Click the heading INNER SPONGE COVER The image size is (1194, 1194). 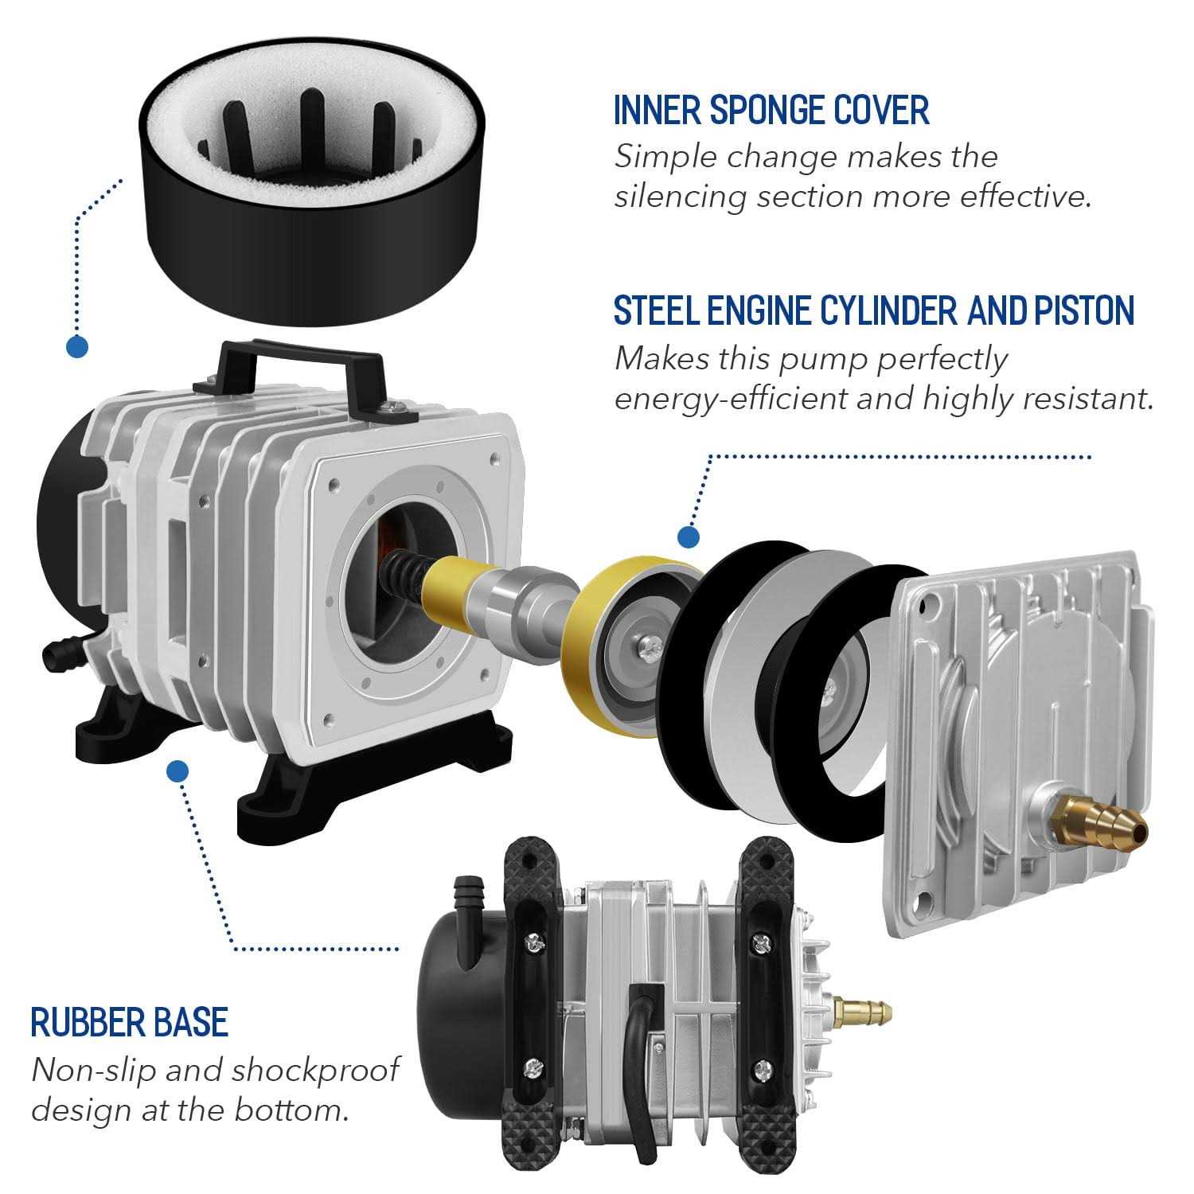[771, 110]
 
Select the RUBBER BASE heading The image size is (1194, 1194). [130, 1022]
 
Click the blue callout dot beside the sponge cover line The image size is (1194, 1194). [76, 346]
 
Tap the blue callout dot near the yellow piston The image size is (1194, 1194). [689, 536]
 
